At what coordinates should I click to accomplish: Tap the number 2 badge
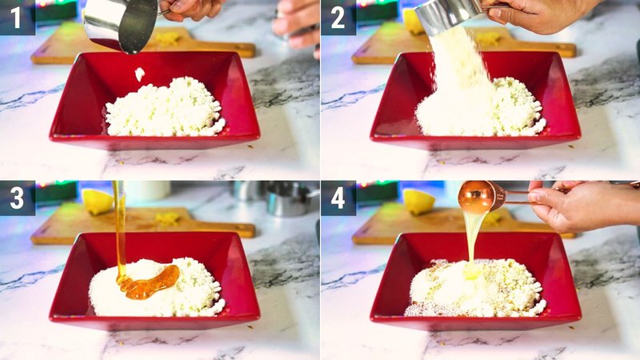338,17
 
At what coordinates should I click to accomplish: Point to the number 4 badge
338,198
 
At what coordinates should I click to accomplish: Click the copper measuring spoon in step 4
480,196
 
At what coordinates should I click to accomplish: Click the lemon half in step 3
98,201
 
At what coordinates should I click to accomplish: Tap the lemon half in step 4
418,201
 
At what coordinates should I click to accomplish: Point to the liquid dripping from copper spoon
473,236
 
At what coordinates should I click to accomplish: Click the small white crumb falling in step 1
140,74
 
